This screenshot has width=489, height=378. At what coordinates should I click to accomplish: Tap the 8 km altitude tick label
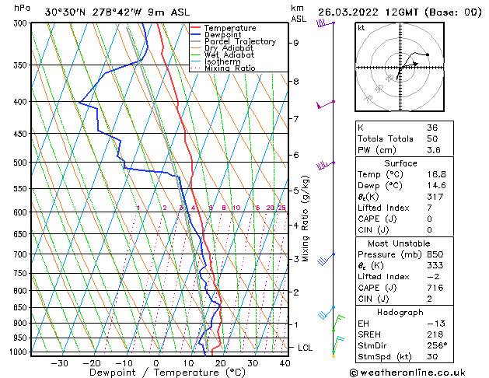tap(296, 81)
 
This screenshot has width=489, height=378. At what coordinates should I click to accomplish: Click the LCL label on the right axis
tap(306, 348)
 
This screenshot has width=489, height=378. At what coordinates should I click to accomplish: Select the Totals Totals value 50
tap(432, 138)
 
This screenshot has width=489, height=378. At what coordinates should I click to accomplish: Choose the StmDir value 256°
tap(437, 345)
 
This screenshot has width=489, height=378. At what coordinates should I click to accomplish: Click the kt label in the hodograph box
tap(361, 27)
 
